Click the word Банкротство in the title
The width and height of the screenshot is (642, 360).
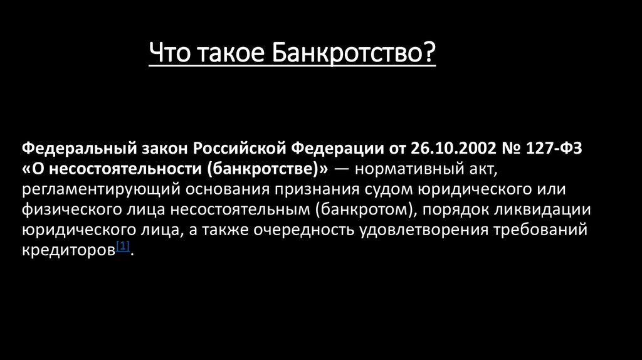[354, 53]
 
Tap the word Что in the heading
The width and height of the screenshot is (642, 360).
[169, 53]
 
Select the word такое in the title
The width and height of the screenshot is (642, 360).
[231, 54]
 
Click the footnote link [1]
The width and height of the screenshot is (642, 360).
[123, 246]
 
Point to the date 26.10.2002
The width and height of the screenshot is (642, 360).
[453, 148]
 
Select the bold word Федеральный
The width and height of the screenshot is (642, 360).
[79, 149]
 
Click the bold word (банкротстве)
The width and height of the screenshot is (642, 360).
[263, 169]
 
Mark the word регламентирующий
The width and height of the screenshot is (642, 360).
[101, 189]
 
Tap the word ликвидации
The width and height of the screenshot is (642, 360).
[542, 209]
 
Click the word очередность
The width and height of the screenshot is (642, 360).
[303, 230]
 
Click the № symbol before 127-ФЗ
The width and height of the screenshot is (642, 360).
[511, 148]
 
